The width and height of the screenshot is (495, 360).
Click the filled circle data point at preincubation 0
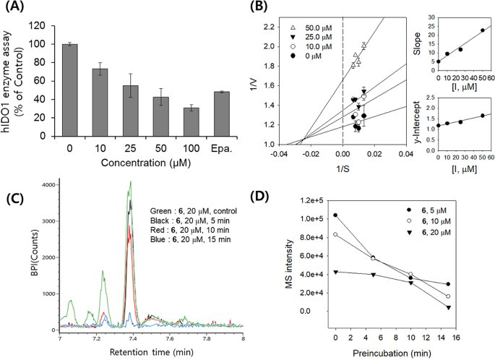[335, 215]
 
